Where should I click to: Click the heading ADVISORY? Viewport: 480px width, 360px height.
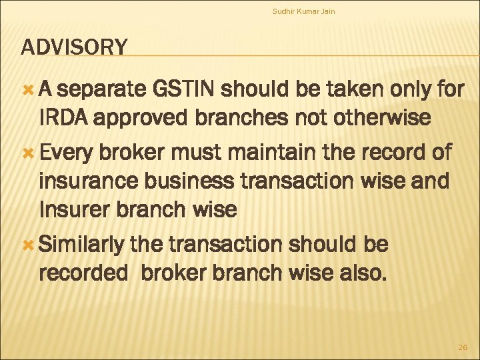click(74, 47)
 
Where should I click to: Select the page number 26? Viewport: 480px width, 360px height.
click(462, 347)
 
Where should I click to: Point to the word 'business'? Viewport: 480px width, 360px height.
click(206, 180)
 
